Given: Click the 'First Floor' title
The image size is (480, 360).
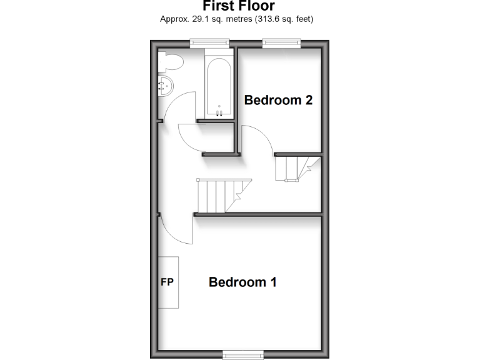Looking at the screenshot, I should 239,6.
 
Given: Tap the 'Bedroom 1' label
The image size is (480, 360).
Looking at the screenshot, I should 242,282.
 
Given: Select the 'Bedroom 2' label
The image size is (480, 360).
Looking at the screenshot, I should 278,100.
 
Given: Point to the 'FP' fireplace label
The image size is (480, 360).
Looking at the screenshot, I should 167,282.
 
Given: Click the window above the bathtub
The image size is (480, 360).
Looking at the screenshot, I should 210,42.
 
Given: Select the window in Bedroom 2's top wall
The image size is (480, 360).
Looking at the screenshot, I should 281,42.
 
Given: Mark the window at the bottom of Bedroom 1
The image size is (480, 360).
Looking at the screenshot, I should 242,355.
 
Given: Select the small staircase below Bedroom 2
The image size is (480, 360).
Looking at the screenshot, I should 297,168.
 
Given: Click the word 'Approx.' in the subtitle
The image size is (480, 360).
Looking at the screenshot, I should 176,19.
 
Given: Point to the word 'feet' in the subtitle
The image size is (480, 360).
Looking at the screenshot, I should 302,19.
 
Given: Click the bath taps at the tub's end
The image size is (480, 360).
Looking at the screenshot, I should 219,113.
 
